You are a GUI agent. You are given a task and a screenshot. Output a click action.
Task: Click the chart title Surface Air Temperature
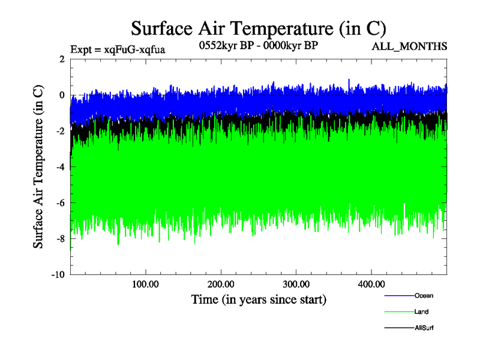258,28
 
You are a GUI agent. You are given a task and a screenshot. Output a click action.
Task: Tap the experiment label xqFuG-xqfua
117,49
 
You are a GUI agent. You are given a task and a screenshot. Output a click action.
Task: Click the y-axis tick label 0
62,95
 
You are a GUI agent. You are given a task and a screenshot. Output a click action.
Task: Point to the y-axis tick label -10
58,275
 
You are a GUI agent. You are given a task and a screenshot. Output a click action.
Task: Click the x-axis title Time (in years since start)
259,299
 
